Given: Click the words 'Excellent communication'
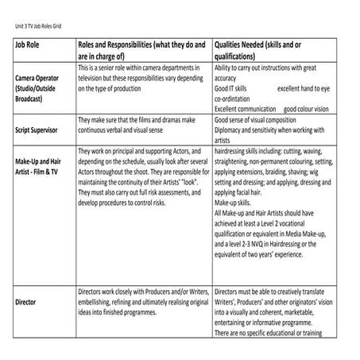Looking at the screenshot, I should [246, 110].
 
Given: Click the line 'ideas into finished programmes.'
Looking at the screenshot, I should [127, 312].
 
